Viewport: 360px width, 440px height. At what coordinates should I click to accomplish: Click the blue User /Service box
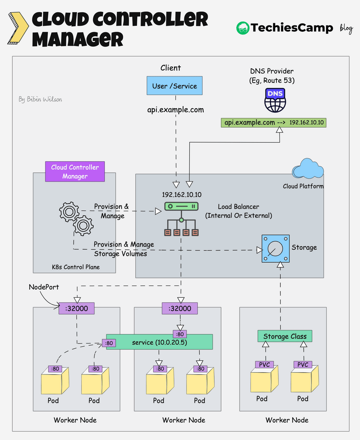(174, 86)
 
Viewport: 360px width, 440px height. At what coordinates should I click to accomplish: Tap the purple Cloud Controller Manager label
(75, 171)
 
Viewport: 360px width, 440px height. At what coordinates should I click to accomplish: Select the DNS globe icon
(275, 100)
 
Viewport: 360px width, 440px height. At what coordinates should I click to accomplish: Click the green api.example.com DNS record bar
(274, 123)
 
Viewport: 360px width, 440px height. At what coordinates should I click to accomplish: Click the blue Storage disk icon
(275, 249)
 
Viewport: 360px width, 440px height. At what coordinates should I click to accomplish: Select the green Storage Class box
(285, 336)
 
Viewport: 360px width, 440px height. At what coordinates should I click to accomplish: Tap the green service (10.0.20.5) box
(159, 342)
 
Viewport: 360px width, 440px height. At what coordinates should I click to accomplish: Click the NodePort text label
(44, 287)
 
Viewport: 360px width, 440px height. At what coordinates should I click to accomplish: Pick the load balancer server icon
(181, 207)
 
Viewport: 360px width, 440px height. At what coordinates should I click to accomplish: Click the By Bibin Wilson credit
(40, 99)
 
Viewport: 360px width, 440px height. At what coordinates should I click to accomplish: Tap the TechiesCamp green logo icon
(243, 28)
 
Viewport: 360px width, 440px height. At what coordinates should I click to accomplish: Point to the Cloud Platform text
(303, 186)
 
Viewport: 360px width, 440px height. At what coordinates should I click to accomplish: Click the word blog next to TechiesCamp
(346, 28)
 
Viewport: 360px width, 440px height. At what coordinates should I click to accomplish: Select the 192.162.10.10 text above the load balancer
(182, 195)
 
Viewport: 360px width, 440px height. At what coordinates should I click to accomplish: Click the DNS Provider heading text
(272, 71)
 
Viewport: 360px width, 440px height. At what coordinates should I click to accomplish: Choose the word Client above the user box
(171, 68)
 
